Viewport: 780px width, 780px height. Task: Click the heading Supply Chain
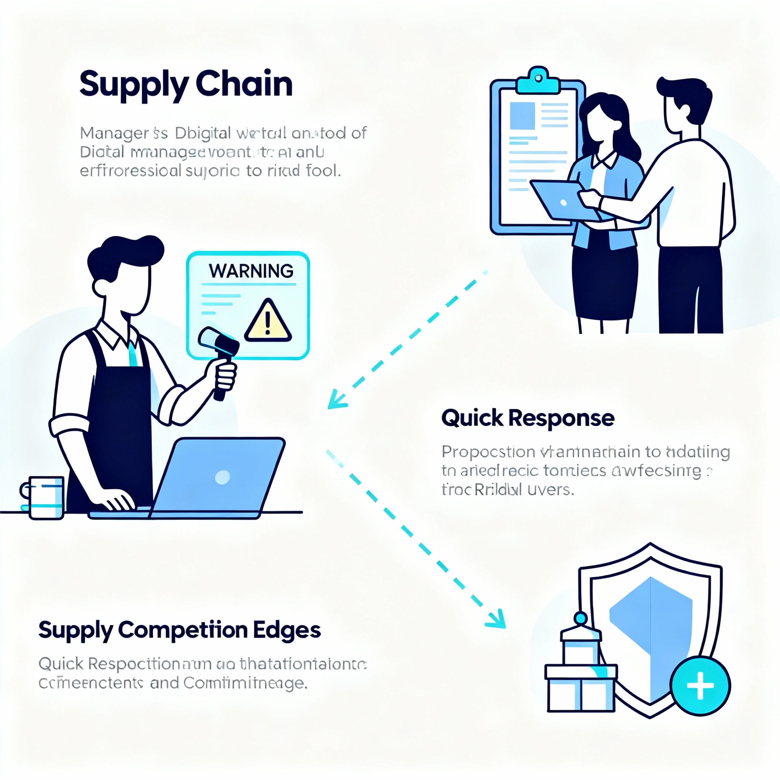pos(186,84)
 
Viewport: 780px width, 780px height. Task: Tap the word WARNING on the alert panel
pos(251,271)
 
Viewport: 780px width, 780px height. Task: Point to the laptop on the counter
pos(220,478)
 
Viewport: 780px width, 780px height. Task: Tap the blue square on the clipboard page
pos(523,116)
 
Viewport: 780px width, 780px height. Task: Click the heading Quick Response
pos(527,418)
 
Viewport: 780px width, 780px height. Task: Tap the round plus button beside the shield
pos(700,686)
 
